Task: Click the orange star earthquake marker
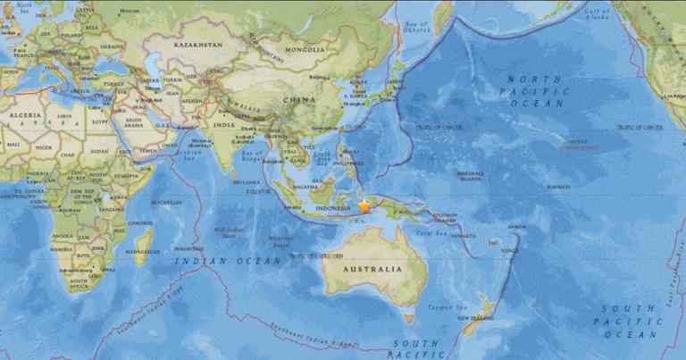pos(364,206)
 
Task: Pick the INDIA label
pos(225,125)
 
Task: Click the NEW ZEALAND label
pos(476,318)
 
